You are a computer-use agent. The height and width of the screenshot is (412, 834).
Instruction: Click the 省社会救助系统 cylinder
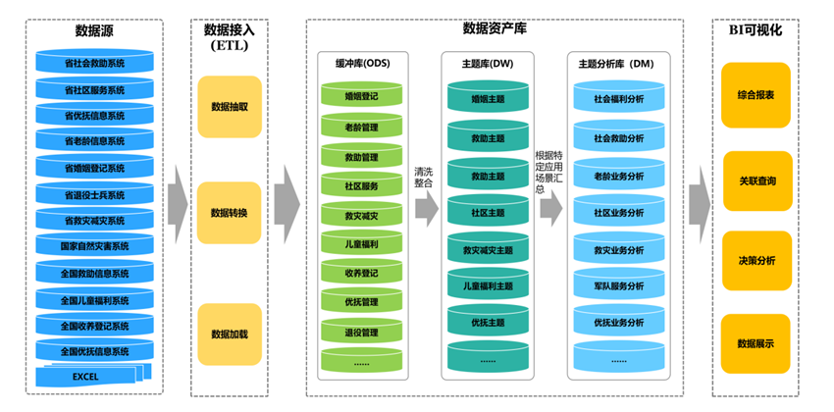(x=94, y=63)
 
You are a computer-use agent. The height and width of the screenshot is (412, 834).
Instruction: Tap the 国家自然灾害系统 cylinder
(x=94, y=245)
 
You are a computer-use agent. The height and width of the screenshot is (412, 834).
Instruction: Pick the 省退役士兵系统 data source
(x=94, y=194)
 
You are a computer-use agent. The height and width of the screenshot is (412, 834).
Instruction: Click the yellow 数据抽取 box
(x=230, y=106)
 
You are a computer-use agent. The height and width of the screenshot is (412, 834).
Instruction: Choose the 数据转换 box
(x=230, y=213)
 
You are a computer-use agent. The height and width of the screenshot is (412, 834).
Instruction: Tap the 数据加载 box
(x=230, y=335)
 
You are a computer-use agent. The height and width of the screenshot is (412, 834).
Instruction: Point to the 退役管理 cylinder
(x=361, y=334)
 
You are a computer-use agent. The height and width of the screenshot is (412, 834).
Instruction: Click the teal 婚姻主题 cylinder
(x=488, y=99)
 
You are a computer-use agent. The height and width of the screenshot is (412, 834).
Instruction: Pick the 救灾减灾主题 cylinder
(x=488, y=250)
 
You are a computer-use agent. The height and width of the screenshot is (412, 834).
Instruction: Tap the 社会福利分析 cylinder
(x=618, y=99)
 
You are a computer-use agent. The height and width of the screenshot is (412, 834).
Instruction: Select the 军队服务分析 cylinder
(x=618, y=286)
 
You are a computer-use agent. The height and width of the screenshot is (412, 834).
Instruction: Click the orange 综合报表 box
(x=756, y=95)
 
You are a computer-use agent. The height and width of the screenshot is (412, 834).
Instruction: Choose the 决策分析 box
(x=756, y=261)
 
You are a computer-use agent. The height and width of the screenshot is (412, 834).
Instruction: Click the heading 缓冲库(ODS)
(x=361, y=64)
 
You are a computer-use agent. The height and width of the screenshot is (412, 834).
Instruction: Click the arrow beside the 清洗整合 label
(x=426, y=208)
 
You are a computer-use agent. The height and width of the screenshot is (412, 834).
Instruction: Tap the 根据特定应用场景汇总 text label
(x=549, y=172)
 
